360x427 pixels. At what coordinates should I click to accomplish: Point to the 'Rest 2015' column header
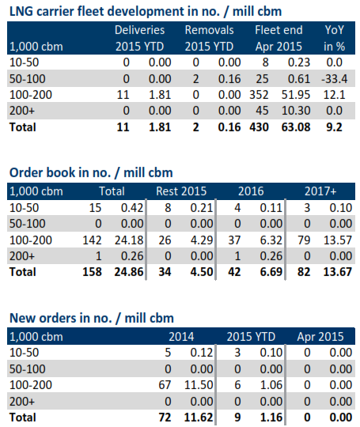coord(189,191)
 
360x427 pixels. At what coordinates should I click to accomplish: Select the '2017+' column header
coord(321,191)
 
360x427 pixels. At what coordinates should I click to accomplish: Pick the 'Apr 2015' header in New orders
coord(320,335)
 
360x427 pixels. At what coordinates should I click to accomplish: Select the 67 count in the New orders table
coord(167,385)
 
